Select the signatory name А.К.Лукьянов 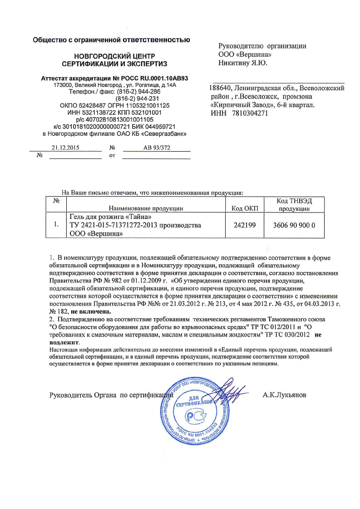[284, 395]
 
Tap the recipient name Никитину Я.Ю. [243, 62]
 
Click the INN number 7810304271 [250, 114]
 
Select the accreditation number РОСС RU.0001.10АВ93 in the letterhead [149, 78]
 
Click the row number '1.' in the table [56, 224]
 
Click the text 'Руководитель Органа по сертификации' [111, 395]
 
